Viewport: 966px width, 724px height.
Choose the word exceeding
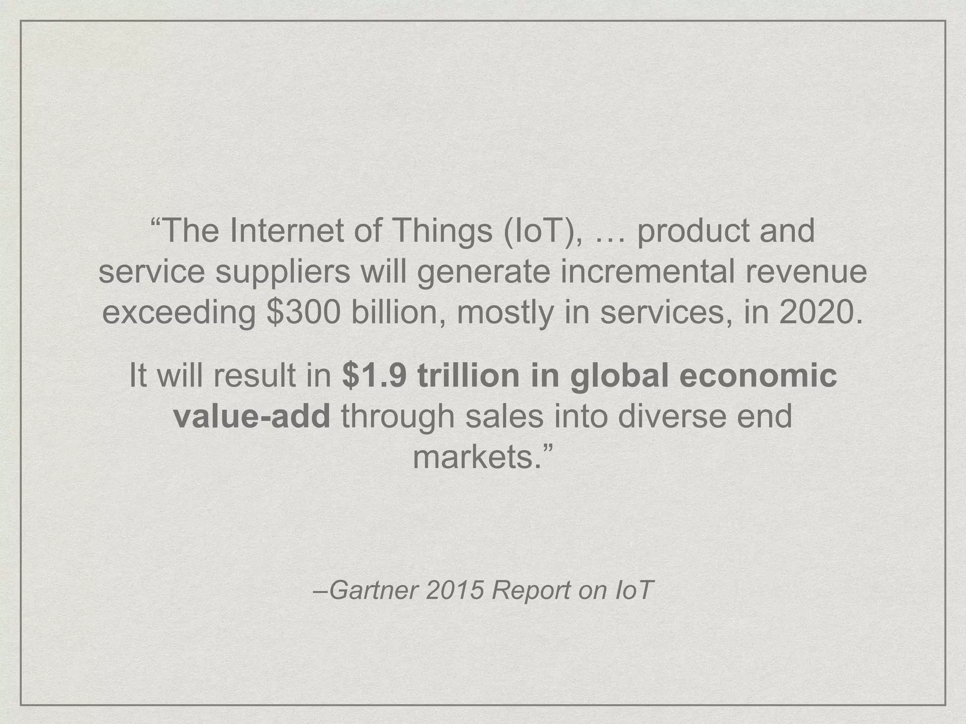click(179, 313)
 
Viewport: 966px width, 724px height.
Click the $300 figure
click(303, 313)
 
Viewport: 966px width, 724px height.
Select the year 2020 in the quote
click(820, 313)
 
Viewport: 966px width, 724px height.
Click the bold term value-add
click(252, 416)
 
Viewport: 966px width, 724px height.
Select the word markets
click(476, 457)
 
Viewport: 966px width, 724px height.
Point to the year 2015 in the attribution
click(455, 590)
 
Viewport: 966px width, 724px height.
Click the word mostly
click(505, 313)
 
